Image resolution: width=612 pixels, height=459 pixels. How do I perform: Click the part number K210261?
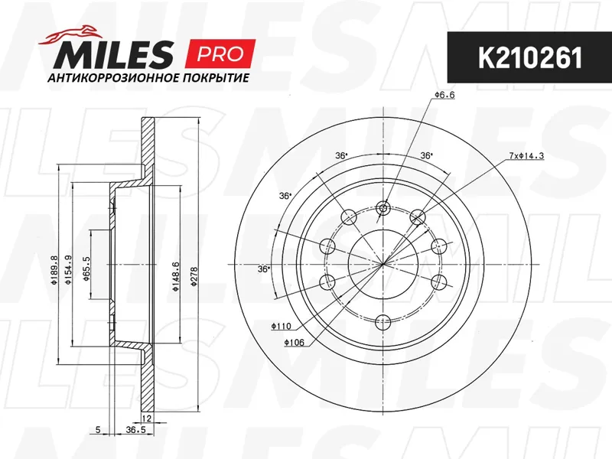(x=530, y=58)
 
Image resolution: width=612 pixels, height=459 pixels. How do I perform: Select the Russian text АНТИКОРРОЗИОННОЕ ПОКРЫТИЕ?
(x=148, y=78)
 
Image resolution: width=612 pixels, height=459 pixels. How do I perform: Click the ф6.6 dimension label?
(x=444, y=95)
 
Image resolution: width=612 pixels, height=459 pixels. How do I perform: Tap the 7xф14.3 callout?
(x=526, y=156)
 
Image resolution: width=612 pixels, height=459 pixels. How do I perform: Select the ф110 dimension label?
(x=281, y=327)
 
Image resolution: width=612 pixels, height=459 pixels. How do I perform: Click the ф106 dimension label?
(x=294, y=343)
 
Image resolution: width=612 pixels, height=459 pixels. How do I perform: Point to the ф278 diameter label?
(x=195, y=276)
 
